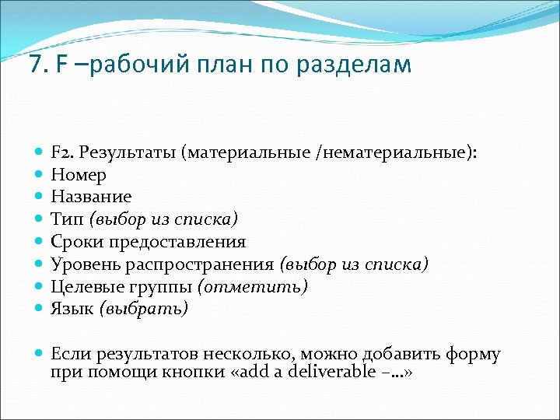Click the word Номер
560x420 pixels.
pyautogui.click(x=79, y=174)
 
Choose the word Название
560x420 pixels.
pyautogui.click(x=92, y=197)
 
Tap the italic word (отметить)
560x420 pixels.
pyautogui.click(x=253, y=287)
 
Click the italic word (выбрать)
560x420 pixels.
pyautogui.click(x=143, y=310)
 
